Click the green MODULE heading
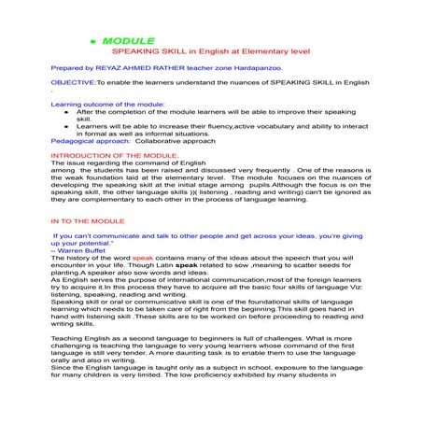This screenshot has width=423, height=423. [x=131, y=42]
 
